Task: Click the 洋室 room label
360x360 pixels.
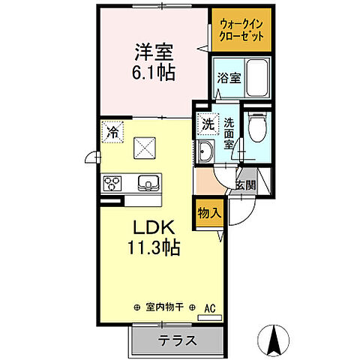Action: pyautogui.click(x=154, y=52)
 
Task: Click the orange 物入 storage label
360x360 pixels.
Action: pyautogui.click(x=209, y=212)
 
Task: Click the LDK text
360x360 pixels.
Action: pyautogui.click(x=154, y=228)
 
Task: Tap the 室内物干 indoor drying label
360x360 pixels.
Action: pyautogui.click(x=166, y=307)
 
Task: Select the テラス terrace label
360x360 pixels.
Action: pyautogui.click(x=177, y=339)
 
